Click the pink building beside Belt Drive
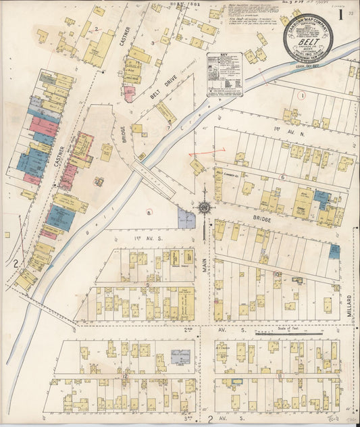pyautogui.click(x=129, y=94)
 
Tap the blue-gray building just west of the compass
pyautogui.click(x=185, y=218)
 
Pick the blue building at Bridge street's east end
pyautogui.click(x=334, y=252)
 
